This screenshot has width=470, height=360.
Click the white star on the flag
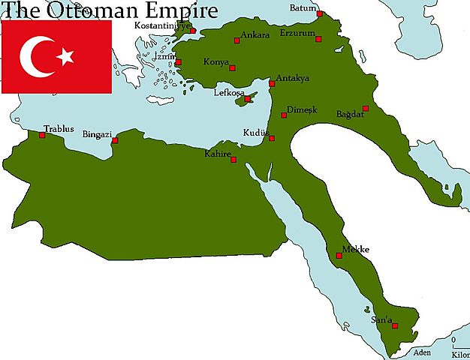[67, 56]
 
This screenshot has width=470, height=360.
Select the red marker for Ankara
[237, 40]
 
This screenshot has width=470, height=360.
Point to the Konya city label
[215, 61]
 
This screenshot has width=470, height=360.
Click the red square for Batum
[320, 13]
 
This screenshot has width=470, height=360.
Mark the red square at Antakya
[272, 83]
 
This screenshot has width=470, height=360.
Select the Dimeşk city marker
[284, 115]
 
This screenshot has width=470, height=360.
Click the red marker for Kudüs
[272, 138]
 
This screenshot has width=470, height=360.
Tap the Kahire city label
[218, 154]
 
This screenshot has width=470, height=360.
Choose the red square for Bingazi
[115, 140]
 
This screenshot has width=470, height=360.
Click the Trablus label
[59, 128]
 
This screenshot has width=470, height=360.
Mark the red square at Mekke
[339, 256]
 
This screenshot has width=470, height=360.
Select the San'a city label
[382, 320]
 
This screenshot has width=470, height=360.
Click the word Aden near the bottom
[423, 352]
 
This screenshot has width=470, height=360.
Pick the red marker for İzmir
[178, 62]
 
